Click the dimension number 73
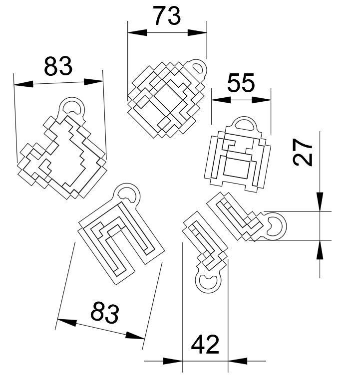tap(166, 16)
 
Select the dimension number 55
tap(241, 83)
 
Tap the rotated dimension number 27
tap(303, 153)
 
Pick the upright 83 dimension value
tap(58, 66)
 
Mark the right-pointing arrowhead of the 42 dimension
tap(173, 360)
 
